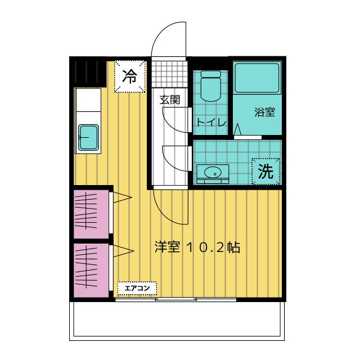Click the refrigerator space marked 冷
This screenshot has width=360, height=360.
pos(130,76)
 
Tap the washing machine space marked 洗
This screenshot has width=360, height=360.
pos(266,171)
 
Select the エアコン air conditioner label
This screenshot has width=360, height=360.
pos(137,288)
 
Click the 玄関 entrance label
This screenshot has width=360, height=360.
pos(170,100)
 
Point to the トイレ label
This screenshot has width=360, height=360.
pos(211,122)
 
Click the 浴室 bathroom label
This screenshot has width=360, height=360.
pos(264,112)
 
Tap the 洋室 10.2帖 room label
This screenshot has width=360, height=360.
pos(197,247)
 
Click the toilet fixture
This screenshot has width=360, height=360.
pos(211,86)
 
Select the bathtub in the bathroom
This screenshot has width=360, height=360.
pos(257,78)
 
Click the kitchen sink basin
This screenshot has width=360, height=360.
pos(89,137)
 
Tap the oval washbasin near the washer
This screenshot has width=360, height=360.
pos(213,172)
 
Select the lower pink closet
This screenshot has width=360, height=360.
pos(91,270)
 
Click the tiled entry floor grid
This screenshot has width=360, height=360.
pos(169,74)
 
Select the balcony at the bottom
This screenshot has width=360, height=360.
pos(177,321)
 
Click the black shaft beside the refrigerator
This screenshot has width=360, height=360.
pos(88,71)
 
